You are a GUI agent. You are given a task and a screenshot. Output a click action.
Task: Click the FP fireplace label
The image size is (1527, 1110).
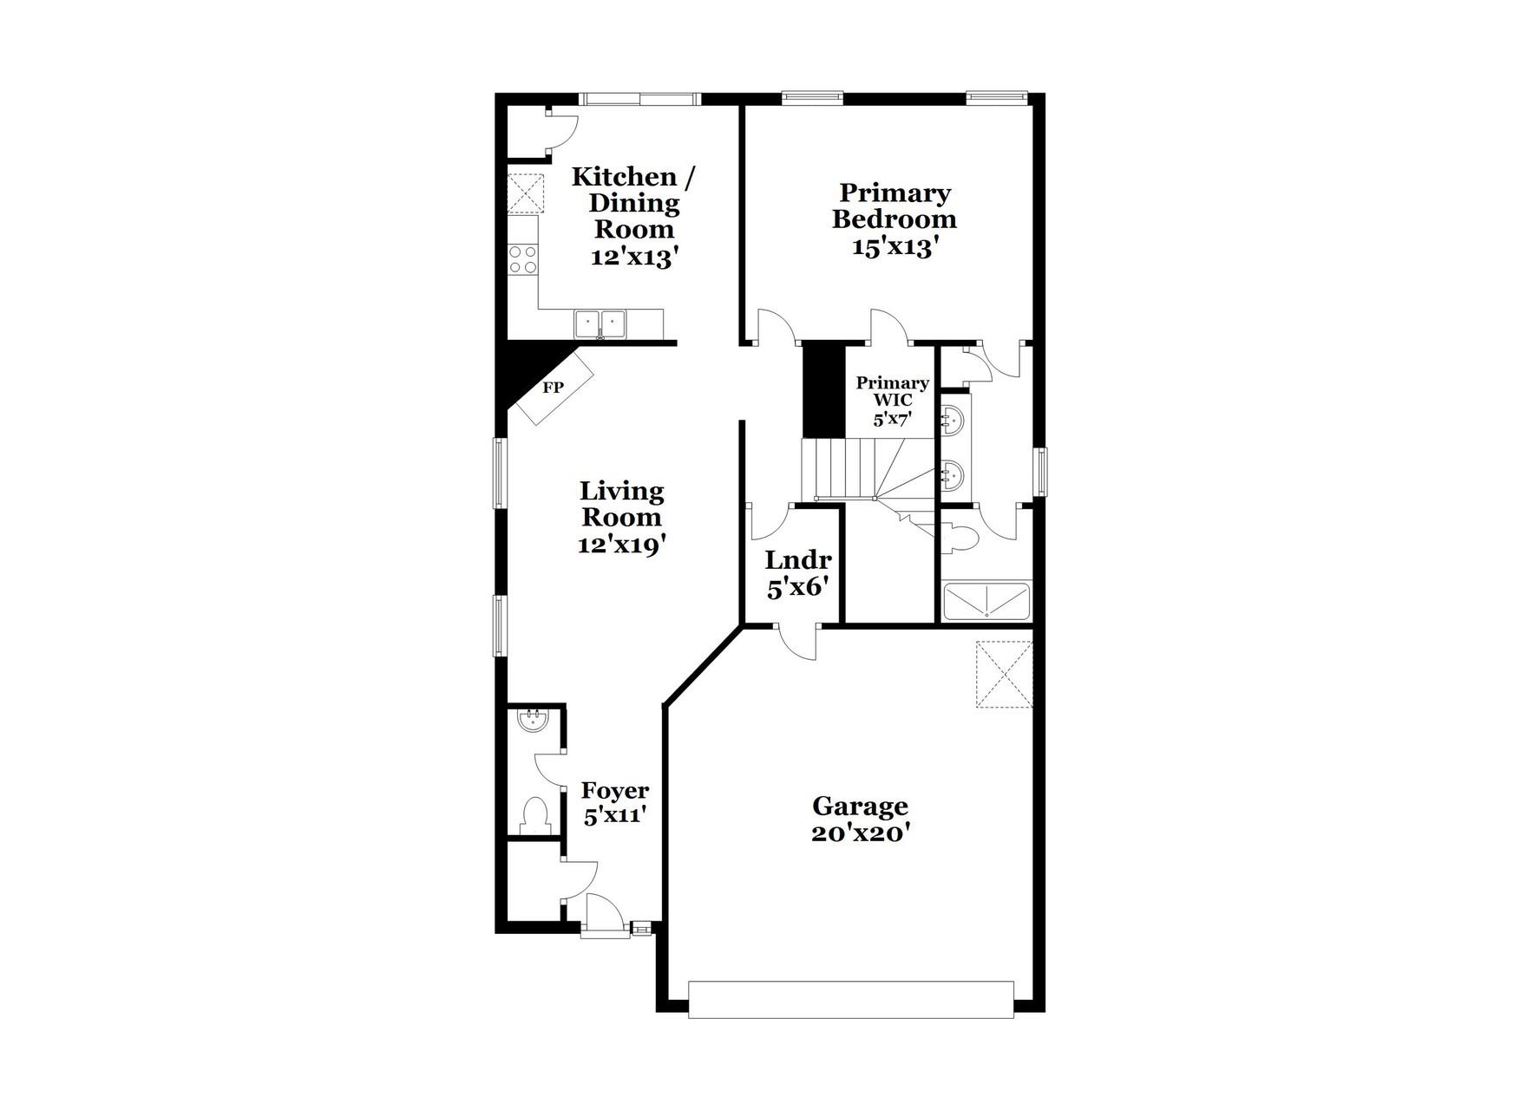click(553, 388)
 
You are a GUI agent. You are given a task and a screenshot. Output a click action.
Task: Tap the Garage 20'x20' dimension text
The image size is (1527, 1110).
click(860, 833)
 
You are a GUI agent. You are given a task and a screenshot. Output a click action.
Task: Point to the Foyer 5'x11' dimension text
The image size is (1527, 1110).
click(615, 816)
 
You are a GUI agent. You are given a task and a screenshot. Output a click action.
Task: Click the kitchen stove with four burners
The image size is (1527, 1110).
click(522, 258)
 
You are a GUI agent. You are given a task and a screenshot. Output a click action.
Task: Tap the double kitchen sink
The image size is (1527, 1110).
click(600, 323)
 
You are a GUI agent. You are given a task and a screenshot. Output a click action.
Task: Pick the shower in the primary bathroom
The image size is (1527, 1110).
click(986, 602)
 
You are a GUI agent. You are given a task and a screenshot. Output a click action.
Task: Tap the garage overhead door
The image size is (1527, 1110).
click(850, 999)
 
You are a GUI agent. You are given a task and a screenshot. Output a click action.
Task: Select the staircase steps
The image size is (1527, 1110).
click(859, 469)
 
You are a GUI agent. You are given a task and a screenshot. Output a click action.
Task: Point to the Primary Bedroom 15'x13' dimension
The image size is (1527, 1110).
click(895, 247)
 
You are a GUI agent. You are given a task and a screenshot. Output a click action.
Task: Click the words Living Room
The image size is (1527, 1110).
click(621, 504)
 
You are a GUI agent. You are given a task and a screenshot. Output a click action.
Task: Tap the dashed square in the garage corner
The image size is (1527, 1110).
click(1004, 675)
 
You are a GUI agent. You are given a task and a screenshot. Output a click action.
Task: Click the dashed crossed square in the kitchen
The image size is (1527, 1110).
click(525, 193)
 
